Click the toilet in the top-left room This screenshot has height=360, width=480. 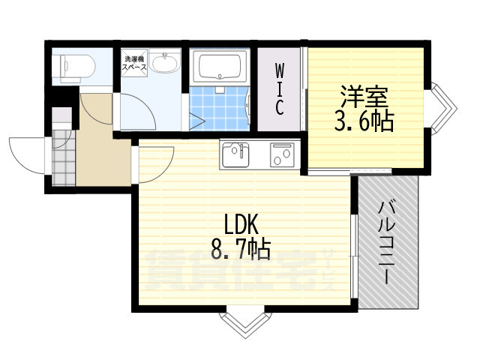[73, 67]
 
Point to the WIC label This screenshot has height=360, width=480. [278, 89]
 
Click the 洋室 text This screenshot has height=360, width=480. [367, 97]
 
